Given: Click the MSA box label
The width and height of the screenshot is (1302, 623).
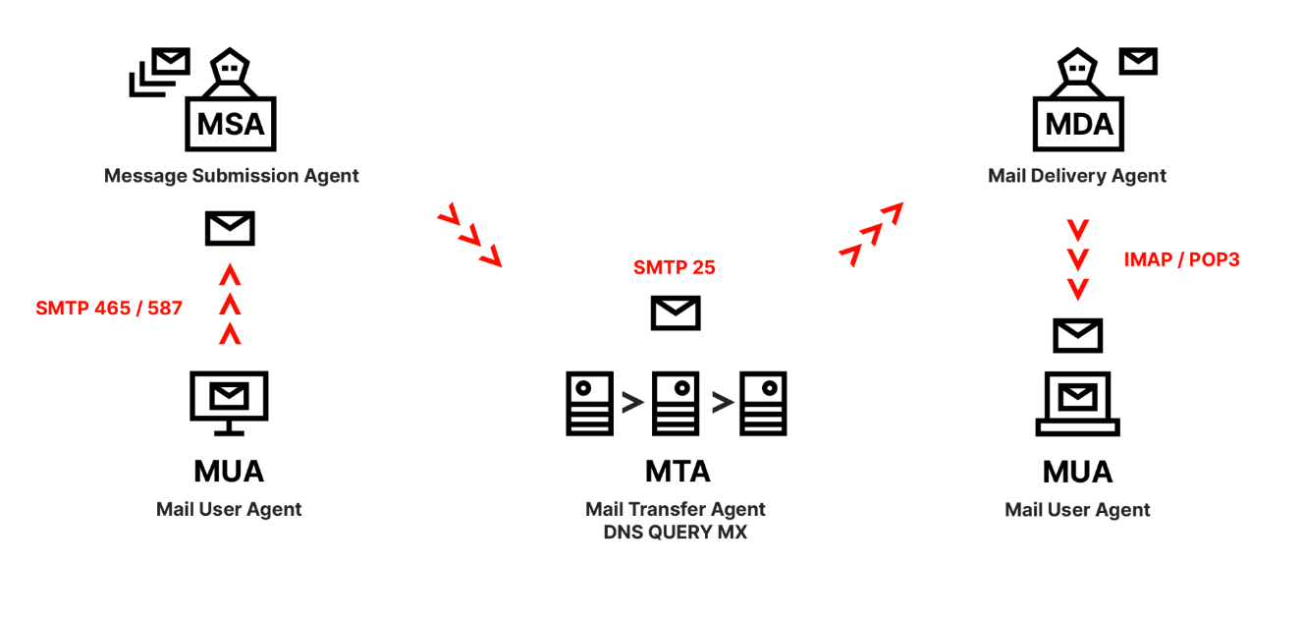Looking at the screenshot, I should click(231, 125).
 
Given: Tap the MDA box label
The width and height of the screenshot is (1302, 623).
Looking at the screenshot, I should click(1079, 125).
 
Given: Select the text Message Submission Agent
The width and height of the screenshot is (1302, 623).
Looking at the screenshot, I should click(232, 176).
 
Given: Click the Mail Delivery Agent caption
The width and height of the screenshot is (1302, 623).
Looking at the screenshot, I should click(1077, 176).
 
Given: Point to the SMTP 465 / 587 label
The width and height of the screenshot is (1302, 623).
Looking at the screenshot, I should click(109, 308).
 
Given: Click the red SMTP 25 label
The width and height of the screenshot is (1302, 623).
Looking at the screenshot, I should click(674, 267).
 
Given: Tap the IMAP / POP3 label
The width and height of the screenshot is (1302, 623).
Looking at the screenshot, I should click(1181, 260).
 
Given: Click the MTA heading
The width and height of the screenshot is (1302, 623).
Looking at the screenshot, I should click(678, 472).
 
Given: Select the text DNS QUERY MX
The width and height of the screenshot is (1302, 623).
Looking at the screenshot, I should click(676, 533).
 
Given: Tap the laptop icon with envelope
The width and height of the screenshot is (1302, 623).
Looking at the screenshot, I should click(1078, 403).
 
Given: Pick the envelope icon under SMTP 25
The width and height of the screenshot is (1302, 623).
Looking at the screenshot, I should click(676, 313).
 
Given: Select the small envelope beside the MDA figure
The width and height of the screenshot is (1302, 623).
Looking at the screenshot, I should click(1139, 61).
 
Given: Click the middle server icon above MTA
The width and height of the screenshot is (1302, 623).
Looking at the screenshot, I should click(676, 403).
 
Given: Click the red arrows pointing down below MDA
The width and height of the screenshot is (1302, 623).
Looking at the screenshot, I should click(1078, 260).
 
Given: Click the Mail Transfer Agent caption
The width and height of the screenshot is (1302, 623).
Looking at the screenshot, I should click(676, 509).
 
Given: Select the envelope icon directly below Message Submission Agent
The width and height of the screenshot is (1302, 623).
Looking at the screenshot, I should click(230, 228).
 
